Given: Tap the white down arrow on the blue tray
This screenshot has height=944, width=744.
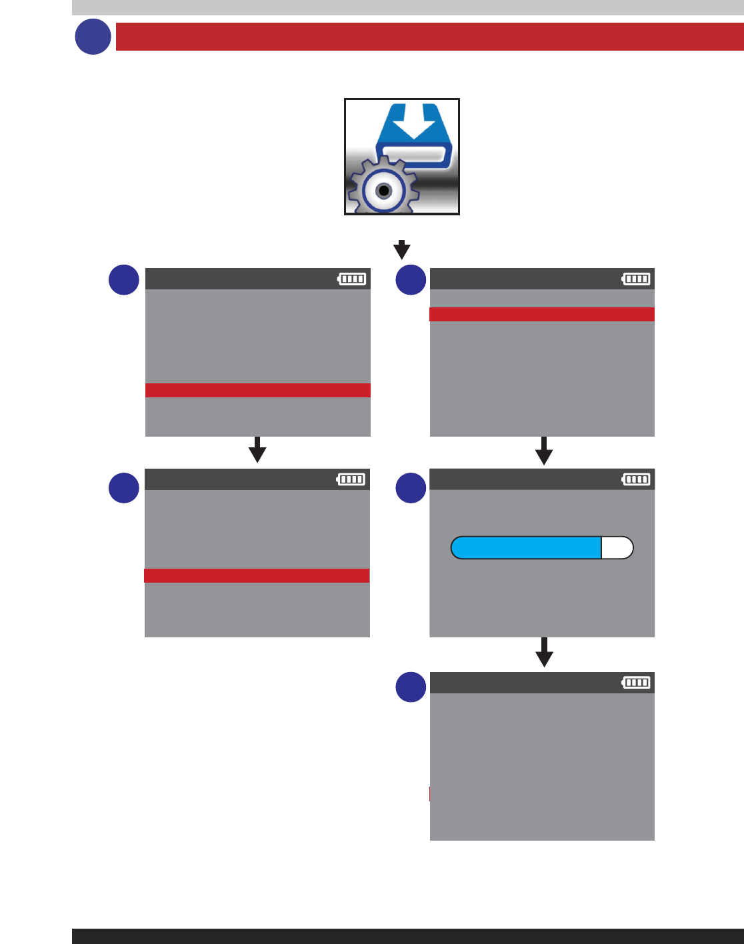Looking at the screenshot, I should point(415,123).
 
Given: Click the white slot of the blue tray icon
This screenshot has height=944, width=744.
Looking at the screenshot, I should point(415,155).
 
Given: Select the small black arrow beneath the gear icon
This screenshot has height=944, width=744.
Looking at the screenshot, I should point(401,250).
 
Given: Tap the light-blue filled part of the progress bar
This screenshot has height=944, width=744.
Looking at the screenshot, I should point(526,548).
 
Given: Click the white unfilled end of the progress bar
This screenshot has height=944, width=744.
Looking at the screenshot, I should point(617,548).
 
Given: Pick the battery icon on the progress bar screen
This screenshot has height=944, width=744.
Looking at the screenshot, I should point(636,479).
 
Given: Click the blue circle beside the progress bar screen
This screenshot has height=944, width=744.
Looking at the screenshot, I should point(411,488).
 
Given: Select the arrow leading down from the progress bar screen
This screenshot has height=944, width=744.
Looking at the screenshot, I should point(545,653).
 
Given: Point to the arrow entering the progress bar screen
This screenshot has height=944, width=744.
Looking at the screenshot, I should point(544,451).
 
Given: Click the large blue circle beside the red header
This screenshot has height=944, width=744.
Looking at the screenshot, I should point(93,37).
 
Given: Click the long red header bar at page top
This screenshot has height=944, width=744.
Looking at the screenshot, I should point(429,37).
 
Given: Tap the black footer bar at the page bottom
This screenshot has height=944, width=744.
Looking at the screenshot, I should point(408,936).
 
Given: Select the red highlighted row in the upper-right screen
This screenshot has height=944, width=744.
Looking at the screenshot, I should point(542,315).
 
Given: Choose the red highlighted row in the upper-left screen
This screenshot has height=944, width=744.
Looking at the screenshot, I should point(258,391).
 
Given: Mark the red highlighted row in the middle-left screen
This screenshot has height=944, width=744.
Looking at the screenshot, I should point(257,576).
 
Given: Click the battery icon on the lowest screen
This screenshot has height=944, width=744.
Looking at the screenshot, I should point(636,683).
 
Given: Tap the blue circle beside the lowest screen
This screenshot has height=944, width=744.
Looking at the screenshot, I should point(411,687).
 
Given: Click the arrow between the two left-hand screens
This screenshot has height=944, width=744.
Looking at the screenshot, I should point(257,450).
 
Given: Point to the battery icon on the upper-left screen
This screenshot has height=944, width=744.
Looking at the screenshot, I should point(352,279).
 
